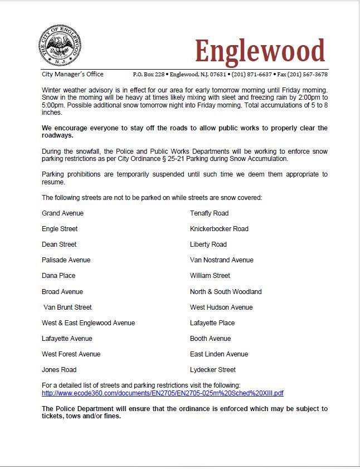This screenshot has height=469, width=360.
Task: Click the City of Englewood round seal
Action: coord(61,46)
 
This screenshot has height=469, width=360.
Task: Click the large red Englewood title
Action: coord(259,51)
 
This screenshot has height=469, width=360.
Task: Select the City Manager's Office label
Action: coord(72,74)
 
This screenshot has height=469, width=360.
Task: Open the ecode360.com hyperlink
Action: coord(163,393)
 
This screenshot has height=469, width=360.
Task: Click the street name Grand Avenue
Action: coord(62,213)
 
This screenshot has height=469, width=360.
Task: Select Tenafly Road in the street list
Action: coord(209,213)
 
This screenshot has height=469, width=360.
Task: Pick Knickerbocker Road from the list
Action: coord(219,229)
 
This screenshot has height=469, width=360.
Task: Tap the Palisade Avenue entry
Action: coord(66,260)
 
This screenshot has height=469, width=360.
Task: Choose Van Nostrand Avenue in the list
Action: coord(221,260)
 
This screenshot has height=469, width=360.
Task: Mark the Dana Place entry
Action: coord(59,276)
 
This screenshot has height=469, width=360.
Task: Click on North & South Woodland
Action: coord(226,291)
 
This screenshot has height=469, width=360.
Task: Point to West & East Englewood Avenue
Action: coord(88,323)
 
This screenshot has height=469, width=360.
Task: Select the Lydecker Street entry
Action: coord(213,369)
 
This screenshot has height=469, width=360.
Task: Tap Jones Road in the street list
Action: coord(59,369)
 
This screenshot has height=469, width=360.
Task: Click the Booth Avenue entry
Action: coord(210,338)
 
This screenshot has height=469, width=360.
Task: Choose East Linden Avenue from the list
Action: coord(219,354)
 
